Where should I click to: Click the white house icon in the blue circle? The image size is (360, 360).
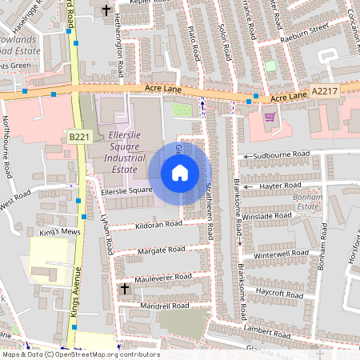[180, 173]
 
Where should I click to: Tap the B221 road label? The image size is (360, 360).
[78, 137]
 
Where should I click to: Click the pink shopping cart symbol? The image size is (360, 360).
[270, 117]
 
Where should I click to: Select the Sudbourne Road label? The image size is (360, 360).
[280, 154]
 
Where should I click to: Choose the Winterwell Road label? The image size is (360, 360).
[280, 254]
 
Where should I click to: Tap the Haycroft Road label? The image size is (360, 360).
[278, 293]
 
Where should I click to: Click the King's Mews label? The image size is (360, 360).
[55, 233]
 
